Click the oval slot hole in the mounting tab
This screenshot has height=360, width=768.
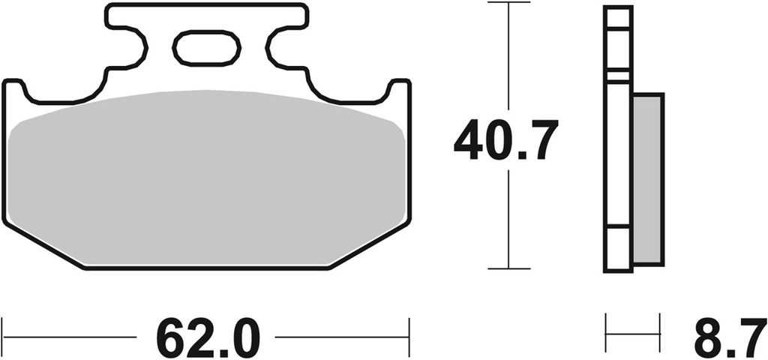(207, 49)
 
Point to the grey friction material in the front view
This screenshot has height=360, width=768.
(207, 180)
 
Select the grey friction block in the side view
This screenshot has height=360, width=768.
(648, 178)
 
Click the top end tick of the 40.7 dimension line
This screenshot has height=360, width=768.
(508, 4)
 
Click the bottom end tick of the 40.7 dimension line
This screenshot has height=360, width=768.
(508, 268)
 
